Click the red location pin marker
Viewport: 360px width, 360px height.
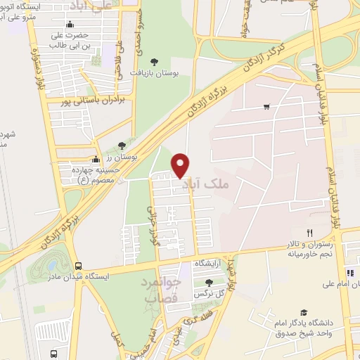coord(181,165)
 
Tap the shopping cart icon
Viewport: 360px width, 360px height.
coord(266,107)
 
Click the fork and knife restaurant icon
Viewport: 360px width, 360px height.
coord(309,232)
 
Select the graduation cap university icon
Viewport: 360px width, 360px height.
coord(304,313)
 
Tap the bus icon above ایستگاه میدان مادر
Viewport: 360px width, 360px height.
coord(78,266)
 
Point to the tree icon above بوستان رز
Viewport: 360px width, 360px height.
coord(122,146)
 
